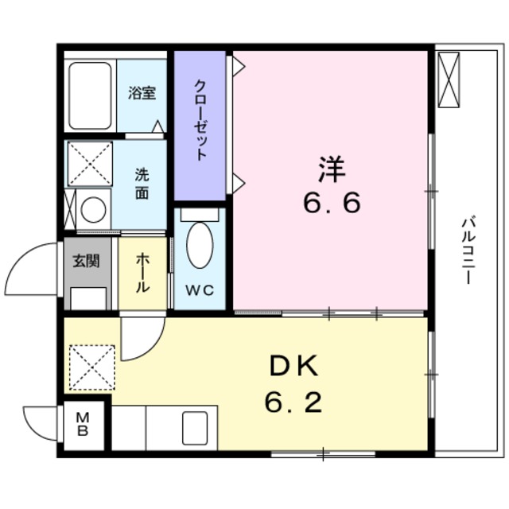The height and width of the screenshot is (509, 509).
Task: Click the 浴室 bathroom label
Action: point(142,93)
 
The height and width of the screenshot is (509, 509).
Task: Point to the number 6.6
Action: point(331,204)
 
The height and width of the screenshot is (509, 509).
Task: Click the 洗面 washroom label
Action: point(141,185)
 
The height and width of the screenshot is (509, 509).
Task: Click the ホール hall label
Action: point(142,273)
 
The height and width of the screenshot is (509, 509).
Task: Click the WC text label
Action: point(200,290)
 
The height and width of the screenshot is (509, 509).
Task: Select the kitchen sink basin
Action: point(194,429)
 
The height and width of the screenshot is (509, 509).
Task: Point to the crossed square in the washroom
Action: point(87,164)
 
